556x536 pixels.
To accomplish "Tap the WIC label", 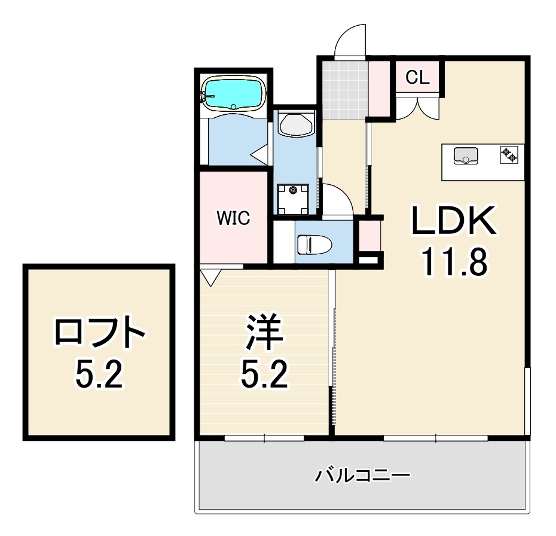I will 233,218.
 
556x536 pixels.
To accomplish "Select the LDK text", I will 453,221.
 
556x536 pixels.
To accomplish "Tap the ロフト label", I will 100,333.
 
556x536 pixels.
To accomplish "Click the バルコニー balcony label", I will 363,477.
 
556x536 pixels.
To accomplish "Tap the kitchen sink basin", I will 466,156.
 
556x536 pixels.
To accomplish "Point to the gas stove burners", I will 509,156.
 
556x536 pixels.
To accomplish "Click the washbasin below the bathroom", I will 295,125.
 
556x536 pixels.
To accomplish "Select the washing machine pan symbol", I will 294,199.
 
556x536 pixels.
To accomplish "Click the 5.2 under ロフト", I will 99,375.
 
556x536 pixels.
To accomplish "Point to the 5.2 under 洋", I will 264,374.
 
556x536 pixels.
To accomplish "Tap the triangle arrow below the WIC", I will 210,276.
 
